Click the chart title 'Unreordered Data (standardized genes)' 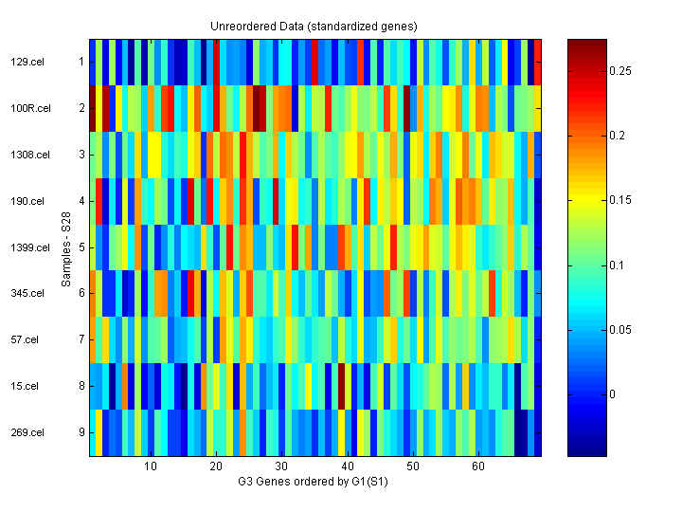coord(314,26)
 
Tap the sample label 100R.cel coord(27,108)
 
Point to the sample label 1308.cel coord(27,155)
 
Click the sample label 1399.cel coord(27,247)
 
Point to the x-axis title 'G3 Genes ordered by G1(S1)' coord(314,482)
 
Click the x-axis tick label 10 coord(150,466)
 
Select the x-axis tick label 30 coord(281,466)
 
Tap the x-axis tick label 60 coord(478,466)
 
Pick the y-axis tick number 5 coord(81,247)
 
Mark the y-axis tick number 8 coord(81,386)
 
